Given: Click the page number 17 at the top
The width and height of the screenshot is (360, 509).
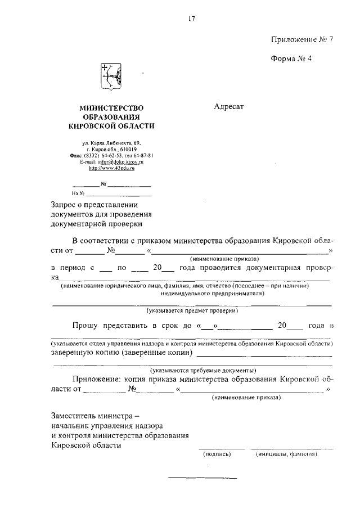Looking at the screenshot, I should point(191,18).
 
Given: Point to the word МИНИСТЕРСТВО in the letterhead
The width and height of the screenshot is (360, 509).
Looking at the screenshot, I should point(111,107).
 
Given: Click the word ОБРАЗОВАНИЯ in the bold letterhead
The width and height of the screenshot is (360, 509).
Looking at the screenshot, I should point(111,116).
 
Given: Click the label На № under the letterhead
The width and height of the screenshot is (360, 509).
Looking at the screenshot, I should point(78,193).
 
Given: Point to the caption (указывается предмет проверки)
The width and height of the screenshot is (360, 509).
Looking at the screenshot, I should point(192,310).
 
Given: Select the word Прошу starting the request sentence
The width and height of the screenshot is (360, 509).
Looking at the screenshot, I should point(85,326).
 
